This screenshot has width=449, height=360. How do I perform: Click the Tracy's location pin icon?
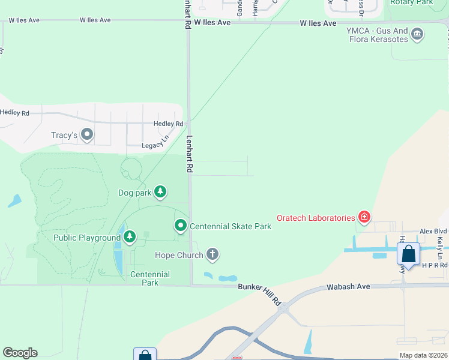point(87,134)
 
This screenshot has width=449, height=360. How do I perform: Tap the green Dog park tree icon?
point(160,192)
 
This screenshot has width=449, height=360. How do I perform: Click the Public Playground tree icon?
point(130,238)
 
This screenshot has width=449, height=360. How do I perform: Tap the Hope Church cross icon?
point(212,255)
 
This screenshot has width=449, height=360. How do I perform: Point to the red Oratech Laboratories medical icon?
point(364,217)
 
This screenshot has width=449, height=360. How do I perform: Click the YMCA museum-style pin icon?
point(418,35)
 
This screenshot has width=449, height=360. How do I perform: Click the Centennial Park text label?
point(150,278)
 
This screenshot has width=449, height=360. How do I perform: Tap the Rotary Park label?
point(411,3)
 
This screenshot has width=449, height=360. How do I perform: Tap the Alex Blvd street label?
point(433,231)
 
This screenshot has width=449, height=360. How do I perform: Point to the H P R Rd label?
point(435,265)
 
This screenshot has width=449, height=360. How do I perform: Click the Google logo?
point(20,353)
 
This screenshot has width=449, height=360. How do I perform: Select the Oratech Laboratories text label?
point(316,218)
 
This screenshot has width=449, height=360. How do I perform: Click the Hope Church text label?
point(179,256)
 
